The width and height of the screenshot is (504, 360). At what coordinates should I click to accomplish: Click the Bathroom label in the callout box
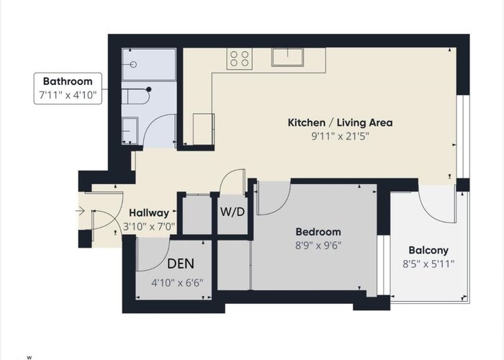click(68, 81)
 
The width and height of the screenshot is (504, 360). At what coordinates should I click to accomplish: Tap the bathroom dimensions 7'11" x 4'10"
click(68, 95)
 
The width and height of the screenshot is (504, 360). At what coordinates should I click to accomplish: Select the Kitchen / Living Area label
click(340, 123)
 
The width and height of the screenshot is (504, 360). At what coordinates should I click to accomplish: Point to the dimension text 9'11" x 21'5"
click(340, 136)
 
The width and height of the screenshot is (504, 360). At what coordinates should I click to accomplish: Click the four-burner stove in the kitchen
click(240, 59)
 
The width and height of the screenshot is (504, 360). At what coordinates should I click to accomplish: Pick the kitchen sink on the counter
click(287, 57)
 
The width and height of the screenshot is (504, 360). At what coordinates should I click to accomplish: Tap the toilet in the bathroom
click(135, 96)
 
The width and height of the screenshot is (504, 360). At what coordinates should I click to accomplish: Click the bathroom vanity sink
click(130, 130)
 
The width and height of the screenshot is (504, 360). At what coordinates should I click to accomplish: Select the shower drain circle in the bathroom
click(133, 65)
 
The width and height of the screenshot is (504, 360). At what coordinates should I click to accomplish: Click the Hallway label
click(149, 213)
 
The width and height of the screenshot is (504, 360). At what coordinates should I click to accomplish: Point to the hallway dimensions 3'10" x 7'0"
click(149, 227)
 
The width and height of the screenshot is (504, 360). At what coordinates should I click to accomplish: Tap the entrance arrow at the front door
click(80, 211)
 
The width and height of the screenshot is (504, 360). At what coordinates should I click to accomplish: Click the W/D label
click(233, 212)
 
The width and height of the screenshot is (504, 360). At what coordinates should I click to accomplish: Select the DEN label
click(181, 264)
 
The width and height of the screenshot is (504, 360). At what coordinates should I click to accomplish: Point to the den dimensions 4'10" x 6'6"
click(177, 283)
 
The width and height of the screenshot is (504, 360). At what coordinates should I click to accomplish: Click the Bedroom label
click(318, 232)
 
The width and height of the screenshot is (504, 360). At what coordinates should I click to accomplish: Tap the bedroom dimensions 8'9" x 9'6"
click(318, 246)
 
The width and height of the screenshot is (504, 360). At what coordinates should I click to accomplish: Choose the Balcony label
click(428, 250)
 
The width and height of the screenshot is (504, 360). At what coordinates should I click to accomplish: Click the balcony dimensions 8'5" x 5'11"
click(428, 264)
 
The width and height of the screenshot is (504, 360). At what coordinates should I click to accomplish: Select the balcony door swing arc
click(431, 213)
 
